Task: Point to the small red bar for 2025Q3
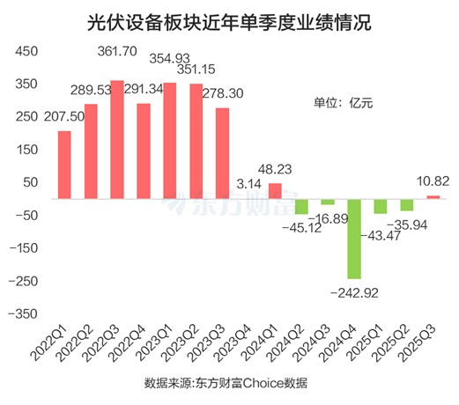[x=433, y=195]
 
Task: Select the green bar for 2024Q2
[x=301, y=205]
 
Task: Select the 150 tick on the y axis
[x=25, y=150]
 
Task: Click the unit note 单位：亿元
[x=344, y=103]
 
